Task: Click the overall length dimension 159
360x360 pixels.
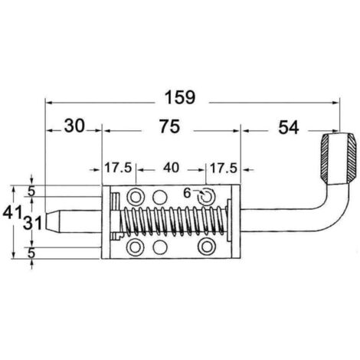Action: tap(180, 97)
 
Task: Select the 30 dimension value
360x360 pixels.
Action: tap(74, 126)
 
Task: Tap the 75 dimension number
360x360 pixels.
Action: tap(170, 126)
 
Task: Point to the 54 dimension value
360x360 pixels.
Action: tap(288, 127)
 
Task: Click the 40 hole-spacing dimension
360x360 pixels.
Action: tap(171, 168)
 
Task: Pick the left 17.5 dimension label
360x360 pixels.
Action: tap(118, 168)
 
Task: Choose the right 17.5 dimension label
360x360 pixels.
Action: tap(224, 169)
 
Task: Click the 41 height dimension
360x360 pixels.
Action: tap(11, 212)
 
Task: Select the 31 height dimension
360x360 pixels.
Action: tap(32, 223)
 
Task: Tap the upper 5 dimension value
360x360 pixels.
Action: tap(31, 191)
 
